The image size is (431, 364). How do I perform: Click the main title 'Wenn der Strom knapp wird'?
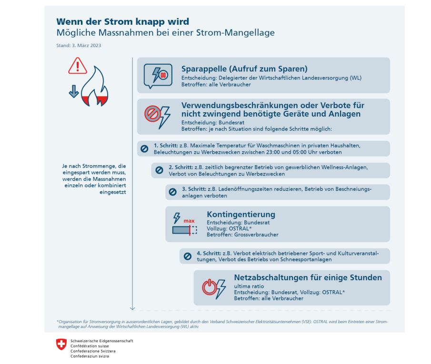point(123,21)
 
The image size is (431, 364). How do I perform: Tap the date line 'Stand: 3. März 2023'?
point(79,46)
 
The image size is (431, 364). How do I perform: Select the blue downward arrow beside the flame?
point(73,91)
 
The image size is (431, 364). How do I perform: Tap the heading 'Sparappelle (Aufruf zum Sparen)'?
point(244,69)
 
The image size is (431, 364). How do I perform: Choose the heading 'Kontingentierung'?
point(241,214)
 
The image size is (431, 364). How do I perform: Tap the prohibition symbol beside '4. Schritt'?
point(187,256)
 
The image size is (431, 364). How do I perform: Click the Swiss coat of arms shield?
point(61,344)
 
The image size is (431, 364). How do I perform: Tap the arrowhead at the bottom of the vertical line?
point(132,308)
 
